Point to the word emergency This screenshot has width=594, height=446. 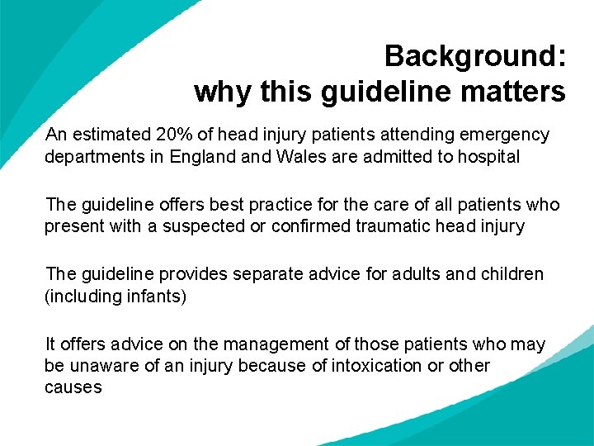(x=507, y=135)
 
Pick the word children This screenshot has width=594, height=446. (x=510, y=274)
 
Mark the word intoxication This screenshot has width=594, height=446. (x=376, y=366)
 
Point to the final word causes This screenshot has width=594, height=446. (x=73, y=387)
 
